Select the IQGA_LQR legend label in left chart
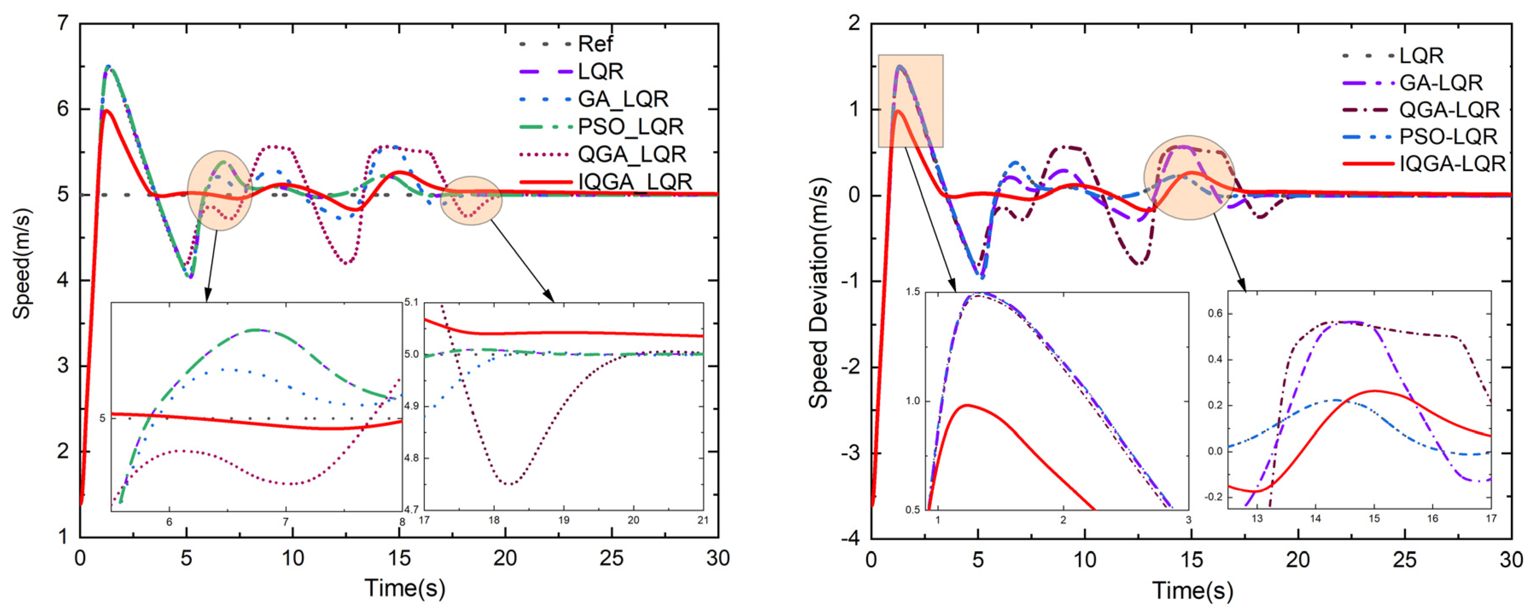pyautogui.click(x=635, y=181)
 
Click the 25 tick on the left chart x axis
pyautogui.click(x=611, y=558)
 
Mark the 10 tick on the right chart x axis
pyautogui.click(x=1085, y=560)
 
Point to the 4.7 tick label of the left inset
pyautogui.click(x=411, y=509)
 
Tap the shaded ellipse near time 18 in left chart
pyautogui.click(x=472, y=200)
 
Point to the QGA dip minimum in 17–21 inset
pyautogui.click(x=509, y=484)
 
